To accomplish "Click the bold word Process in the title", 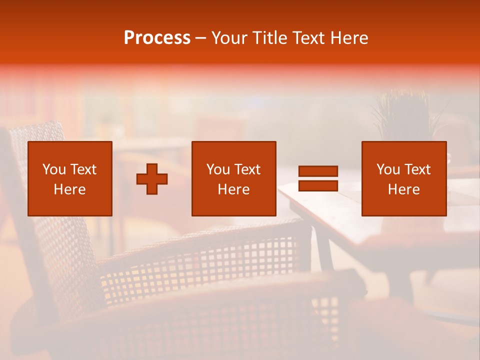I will (x=157, y=38).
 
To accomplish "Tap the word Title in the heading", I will (x=270, y=38).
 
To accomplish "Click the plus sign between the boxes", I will (x=152, y=179).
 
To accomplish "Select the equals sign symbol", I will (x=318, y=178).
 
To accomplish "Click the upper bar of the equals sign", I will (x=318, y=171).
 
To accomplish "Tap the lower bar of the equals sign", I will (x=318, y=185).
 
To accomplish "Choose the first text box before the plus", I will (x=70, y=178).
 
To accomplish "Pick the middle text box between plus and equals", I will (x=234, y=178).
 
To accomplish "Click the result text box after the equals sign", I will (x=404, y=178).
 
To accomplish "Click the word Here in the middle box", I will (x=234, y=189).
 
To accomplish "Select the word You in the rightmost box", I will (x=388, y=169).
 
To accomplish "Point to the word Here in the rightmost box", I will (x=404, y=189).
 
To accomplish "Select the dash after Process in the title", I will (x=201, y=38).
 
